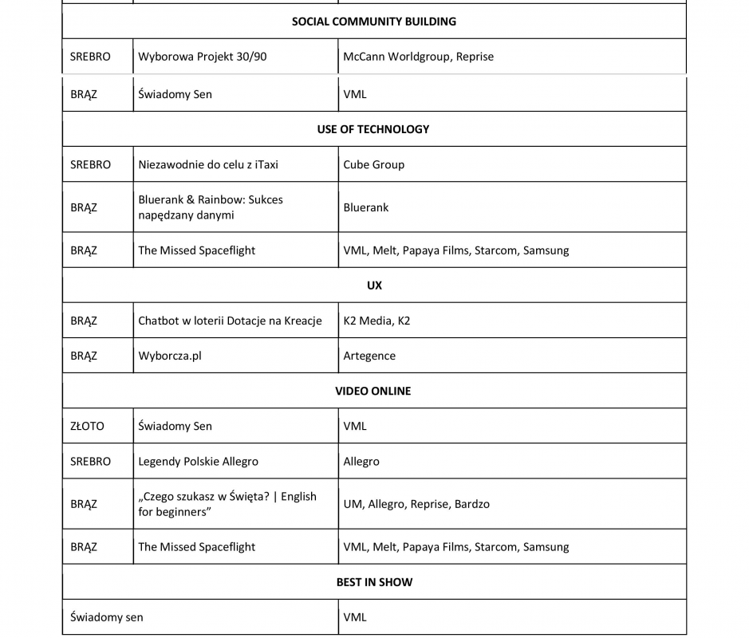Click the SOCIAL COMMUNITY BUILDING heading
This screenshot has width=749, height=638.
(374, 22)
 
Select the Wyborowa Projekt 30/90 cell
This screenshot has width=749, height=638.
(203, 57)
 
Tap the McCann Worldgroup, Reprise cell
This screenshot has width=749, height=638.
(418, 57)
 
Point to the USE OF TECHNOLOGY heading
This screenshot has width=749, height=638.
(373, 129)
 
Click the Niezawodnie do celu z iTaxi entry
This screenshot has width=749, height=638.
(208, 164)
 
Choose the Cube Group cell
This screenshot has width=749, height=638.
(373, 164)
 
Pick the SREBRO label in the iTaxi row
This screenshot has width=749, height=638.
(90, 164)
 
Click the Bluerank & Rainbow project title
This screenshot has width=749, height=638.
(211, 207)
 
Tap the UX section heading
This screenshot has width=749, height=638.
(374, 286)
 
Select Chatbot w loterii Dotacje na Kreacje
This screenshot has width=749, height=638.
(230, 321)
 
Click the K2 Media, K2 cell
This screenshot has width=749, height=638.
(376, 321)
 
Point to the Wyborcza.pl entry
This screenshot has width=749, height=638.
(170, 356)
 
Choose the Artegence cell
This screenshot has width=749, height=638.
(369, 356)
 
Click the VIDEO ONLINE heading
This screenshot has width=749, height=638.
(373, 391)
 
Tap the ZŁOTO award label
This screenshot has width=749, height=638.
(87, 426)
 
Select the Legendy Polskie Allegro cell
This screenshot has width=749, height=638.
(198, 461)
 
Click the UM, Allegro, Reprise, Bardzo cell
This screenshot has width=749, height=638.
(416, 504)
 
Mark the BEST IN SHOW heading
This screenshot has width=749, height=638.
(374, 582)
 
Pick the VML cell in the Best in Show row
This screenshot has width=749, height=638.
(355, 617)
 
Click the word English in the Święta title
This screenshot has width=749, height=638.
(298, 496)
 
